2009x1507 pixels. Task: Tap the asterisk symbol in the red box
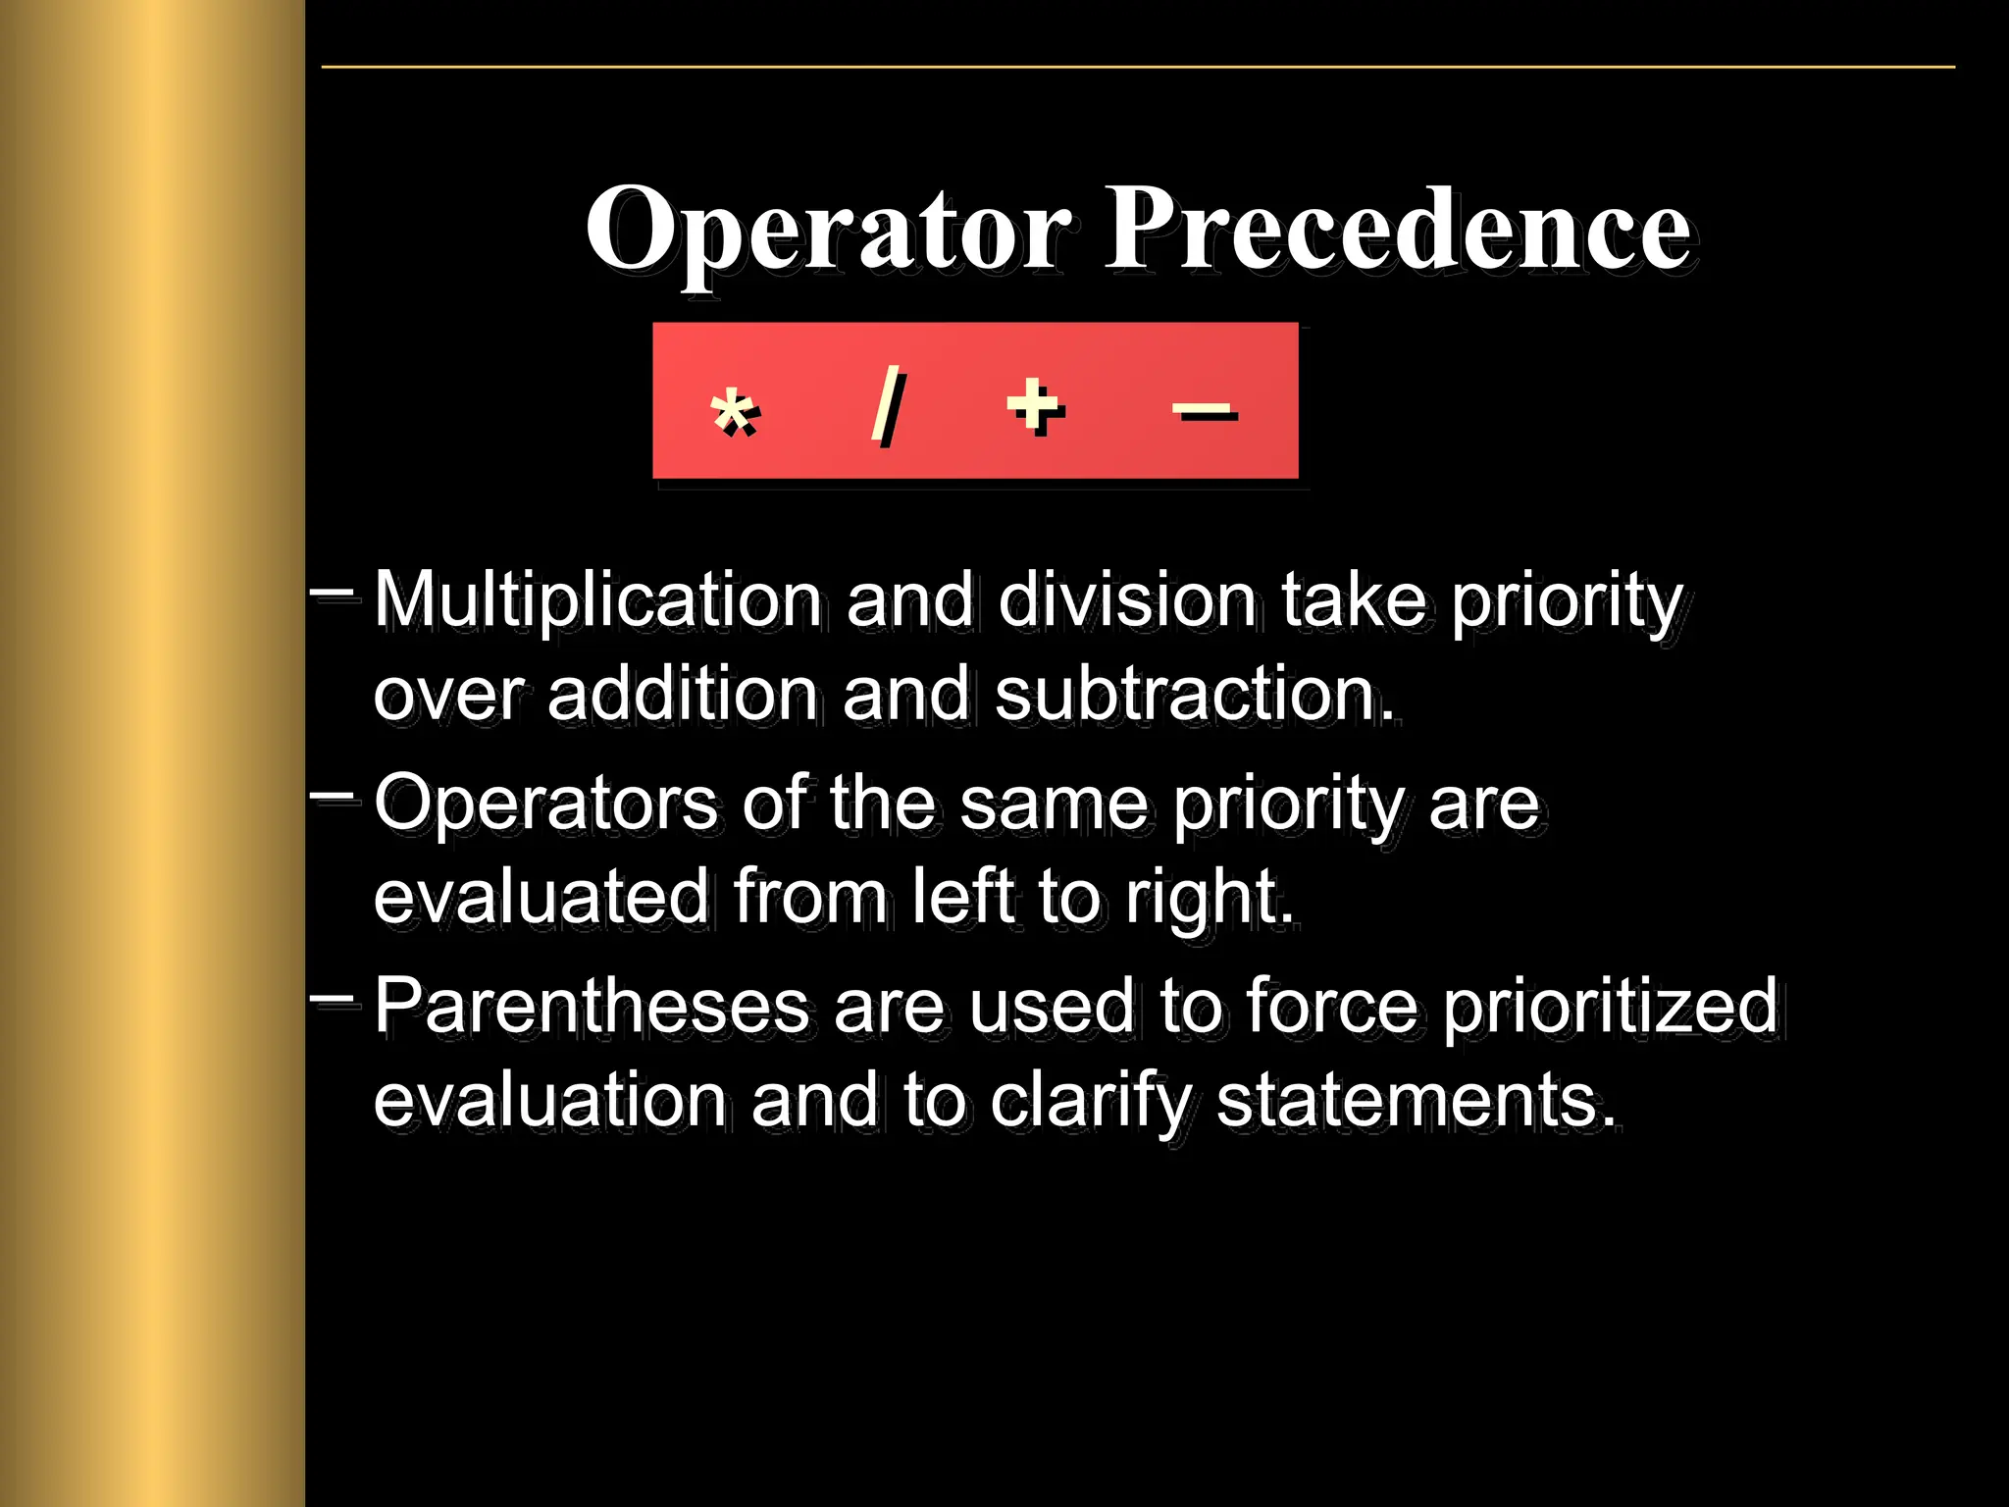(734, 412)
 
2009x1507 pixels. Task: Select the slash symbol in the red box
(888, 404)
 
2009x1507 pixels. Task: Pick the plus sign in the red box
(1035, 405)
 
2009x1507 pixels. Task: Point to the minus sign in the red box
(1205, 412)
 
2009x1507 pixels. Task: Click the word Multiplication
(597, 599)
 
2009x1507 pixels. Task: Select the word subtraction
(1194, 694)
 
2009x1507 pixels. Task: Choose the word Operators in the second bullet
(545, 804)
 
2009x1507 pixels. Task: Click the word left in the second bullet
(962, 896)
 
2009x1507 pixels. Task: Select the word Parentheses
(592, 1006)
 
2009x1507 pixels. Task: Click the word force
(1332, 1006)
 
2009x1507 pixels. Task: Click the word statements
(1416, 1101)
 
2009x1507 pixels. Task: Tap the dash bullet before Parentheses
(332, 1000)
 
